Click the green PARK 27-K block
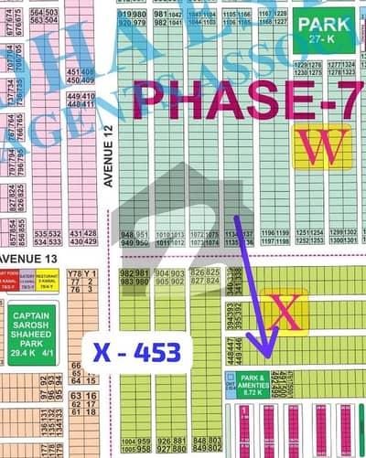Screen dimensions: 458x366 point(321,30)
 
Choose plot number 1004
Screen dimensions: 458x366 point(126,442)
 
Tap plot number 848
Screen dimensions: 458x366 point(202,442)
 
